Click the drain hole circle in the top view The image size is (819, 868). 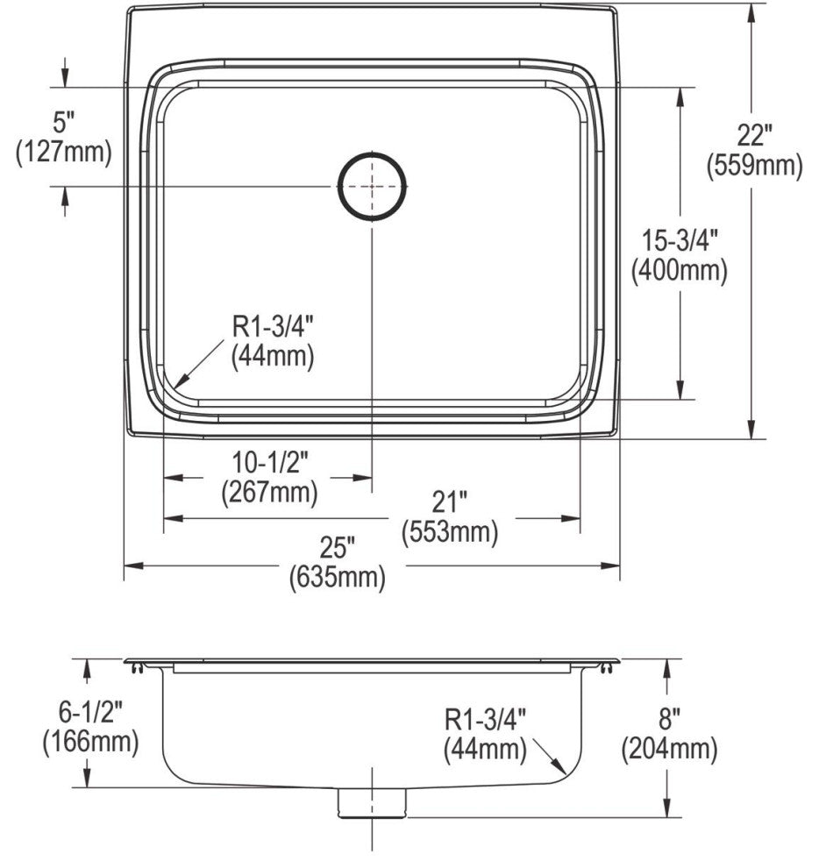pos(373,186)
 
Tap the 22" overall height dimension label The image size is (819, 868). pos(754,136)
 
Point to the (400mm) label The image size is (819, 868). pos(680,271)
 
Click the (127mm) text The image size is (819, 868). pos(64,152)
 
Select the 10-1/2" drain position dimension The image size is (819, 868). pos(269,463)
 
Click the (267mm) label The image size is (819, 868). pos(269,493)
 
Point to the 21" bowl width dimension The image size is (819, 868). pos(448,502)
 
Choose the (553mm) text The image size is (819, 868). pos(449,531)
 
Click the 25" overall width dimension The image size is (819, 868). pos(337,548)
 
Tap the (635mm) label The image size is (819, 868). pos(337,578)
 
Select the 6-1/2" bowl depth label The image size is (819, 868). pos(90,712)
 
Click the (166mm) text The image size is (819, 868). pos(90,742)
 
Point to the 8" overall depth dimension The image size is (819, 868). pos(669,720)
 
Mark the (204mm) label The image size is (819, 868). pos(669,749)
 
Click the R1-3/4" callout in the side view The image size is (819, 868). pos(485,720)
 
